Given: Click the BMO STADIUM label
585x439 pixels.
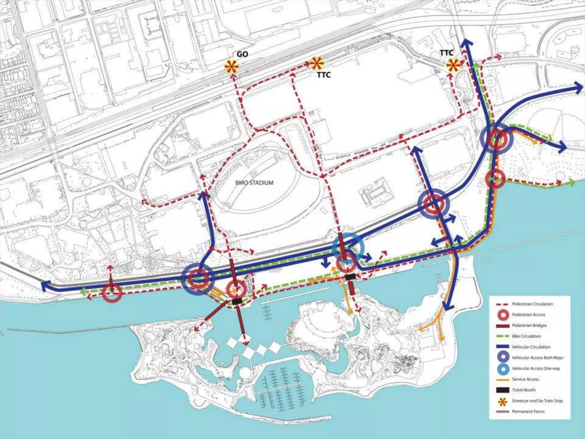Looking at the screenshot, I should click(x=254, y=183).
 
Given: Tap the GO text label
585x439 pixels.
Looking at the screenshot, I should click(x=242, y=54).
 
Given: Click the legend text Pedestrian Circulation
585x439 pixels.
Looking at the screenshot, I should click(x=532, y=304).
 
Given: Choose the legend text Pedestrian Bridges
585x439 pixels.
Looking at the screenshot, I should click(x=529, y=325).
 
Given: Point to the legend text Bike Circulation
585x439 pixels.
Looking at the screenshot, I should click(x=526, y=336).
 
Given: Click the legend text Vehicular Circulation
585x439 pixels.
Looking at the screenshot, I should click(x=531, y=347).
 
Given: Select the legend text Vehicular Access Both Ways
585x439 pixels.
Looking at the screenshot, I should click(x=537, y=358).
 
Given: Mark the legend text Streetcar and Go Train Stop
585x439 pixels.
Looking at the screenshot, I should click(x=537, y=401).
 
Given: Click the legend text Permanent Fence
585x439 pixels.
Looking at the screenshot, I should click(x=528, y=411).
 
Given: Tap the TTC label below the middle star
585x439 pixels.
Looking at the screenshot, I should click(x=324, y=75).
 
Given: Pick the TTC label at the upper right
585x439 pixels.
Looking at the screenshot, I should click(x=446, y=53).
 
